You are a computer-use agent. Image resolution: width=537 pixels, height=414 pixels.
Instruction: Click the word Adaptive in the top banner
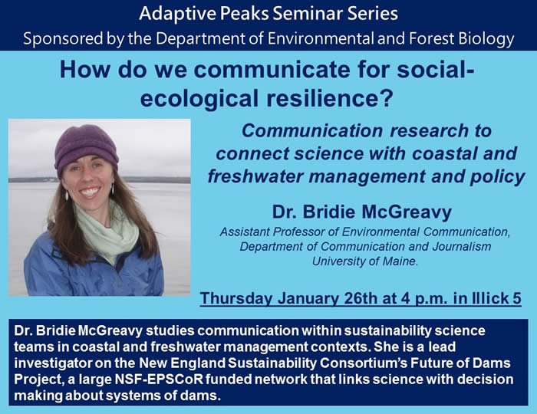tap(177, 14)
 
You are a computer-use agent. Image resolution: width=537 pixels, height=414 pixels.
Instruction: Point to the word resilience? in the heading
tap(329, 98)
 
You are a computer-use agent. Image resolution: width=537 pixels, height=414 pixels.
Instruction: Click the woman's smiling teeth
tap(90, 191)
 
